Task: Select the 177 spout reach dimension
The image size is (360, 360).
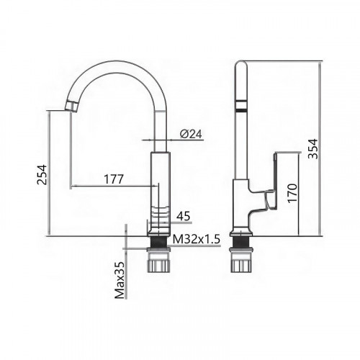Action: click(111, 179)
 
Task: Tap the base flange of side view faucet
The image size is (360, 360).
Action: click(240, 233)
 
